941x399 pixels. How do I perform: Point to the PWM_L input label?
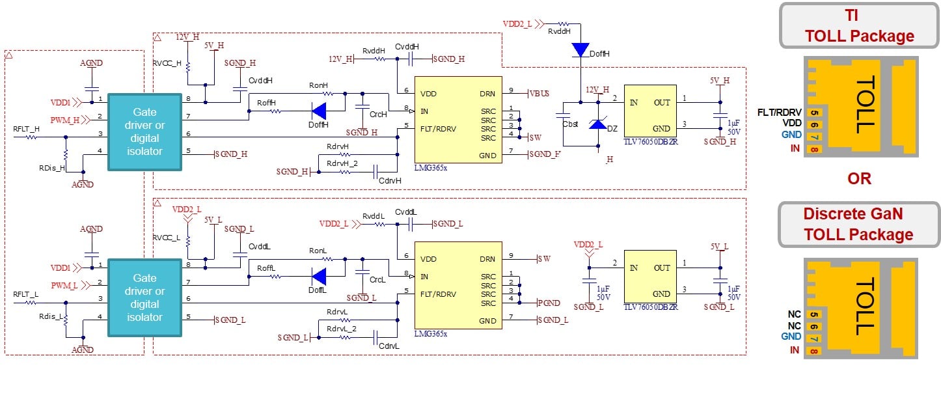(x=65, y=285)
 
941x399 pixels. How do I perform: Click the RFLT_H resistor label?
(x=26, y=129)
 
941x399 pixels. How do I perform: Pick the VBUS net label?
(x=541, y=93)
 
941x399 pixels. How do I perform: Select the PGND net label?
(x=549, y=303)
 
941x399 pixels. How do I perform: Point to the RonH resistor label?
(x=318, y=85)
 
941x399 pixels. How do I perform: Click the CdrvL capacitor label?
(x=389, y=346)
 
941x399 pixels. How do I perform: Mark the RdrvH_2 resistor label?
(x=342, y=163)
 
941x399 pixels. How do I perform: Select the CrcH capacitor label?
(x=377, y=115)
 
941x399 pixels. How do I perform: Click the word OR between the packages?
(x=859, y=178)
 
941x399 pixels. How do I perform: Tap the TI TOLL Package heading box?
(x=859, y=26)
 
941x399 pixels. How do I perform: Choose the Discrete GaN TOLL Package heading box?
(x=859, y=224)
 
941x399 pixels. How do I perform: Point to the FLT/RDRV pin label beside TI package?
(x=779, y=112)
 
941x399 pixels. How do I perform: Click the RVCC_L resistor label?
(x=166, y=238)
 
